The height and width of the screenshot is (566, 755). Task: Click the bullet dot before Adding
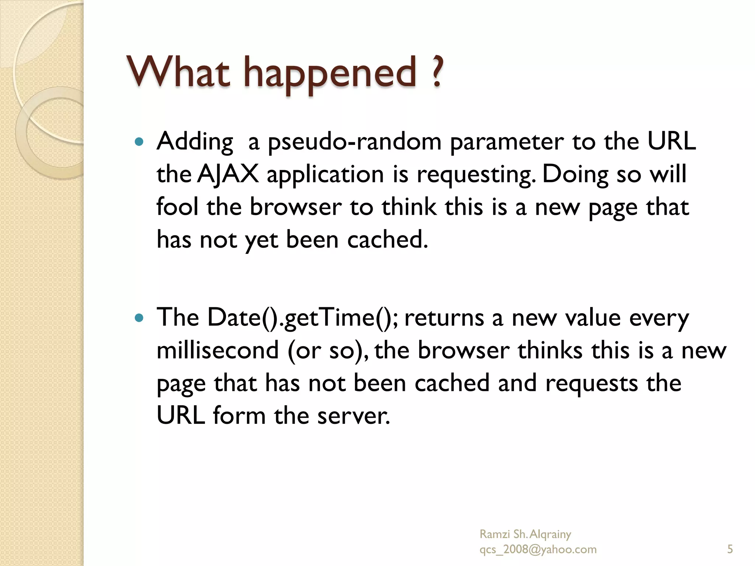(x=139, y=141)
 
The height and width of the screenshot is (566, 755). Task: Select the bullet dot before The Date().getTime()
(x=139, y=317)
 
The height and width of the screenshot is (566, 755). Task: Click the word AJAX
(x=227, y=174)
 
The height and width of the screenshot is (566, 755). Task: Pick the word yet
(x=261, y=240)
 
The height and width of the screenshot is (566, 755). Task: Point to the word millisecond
(x=218, y=350)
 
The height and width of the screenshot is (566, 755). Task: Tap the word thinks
(x=550, y=350)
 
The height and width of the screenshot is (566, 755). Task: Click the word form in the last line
(x=239, y=415)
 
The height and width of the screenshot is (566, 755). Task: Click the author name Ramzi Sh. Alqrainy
(x=525, y=534)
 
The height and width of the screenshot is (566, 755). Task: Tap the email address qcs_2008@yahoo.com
(x=537, y=549)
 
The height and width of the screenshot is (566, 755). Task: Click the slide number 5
(x=730, y=549)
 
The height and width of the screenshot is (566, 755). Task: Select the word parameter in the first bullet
(x=507, y=142)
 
